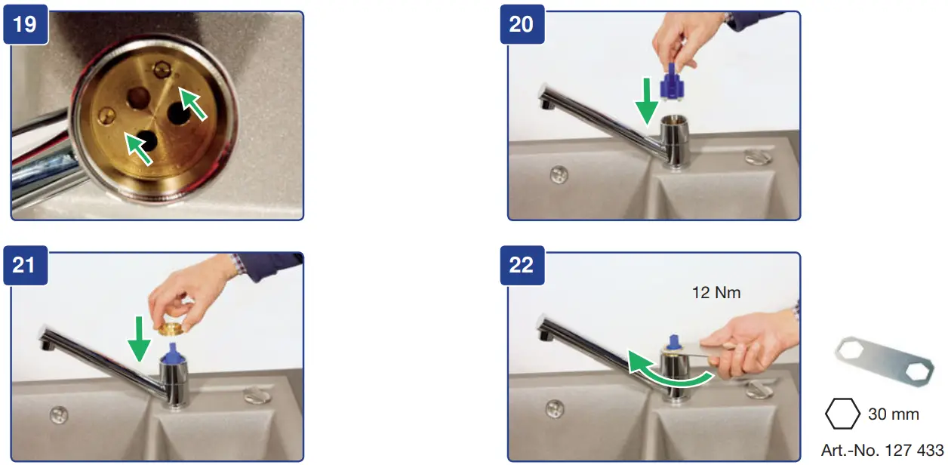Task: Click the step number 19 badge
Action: point(26,24)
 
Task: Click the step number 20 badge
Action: point(522,24)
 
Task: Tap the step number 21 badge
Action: point(26,265)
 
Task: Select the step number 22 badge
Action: point(522,265)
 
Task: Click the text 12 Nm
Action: point(716,292)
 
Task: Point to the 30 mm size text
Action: point(894,414)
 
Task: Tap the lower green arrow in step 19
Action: point(138,148)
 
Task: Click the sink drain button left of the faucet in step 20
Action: point(558,174)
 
